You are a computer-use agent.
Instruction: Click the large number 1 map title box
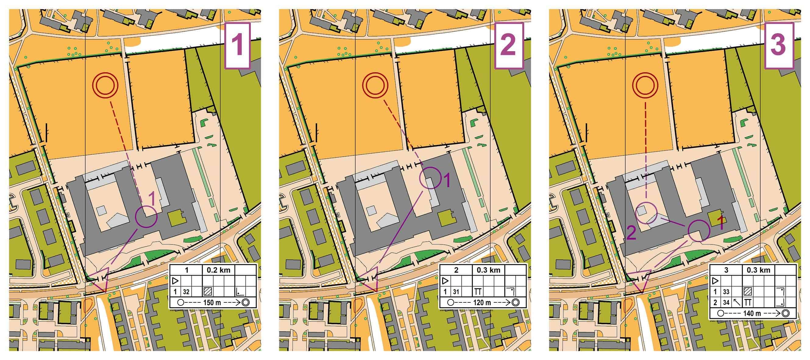point(237,46)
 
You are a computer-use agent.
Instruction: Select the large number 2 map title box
point(508,46)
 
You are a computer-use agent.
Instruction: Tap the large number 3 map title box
point(779,46)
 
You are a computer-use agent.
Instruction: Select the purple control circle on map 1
point(146,216)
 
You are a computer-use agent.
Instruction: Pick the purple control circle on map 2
point(431,178)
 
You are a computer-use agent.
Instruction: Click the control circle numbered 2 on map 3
point(646,213)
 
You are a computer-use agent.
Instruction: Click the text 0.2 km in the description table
point(218,270)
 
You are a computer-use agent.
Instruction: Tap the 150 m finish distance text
point(212,303)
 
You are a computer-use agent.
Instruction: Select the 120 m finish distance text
point(482,303)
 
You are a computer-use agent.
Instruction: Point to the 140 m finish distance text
point(752,313)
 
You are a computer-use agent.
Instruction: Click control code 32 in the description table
point(186,292)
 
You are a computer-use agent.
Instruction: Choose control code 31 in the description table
point(456,292)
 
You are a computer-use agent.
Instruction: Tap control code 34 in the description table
point(726,302)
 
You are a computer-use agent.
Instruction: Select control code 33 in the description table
point(726,292)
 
